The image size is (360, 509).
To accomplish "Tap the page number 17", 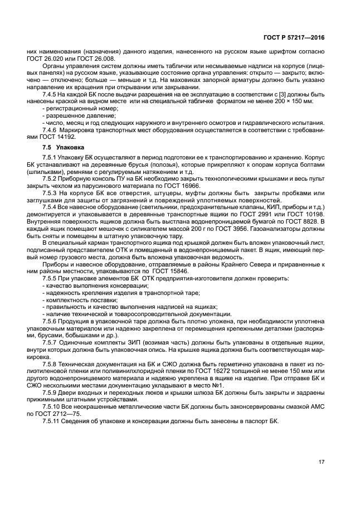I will [x=322, y=462].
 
